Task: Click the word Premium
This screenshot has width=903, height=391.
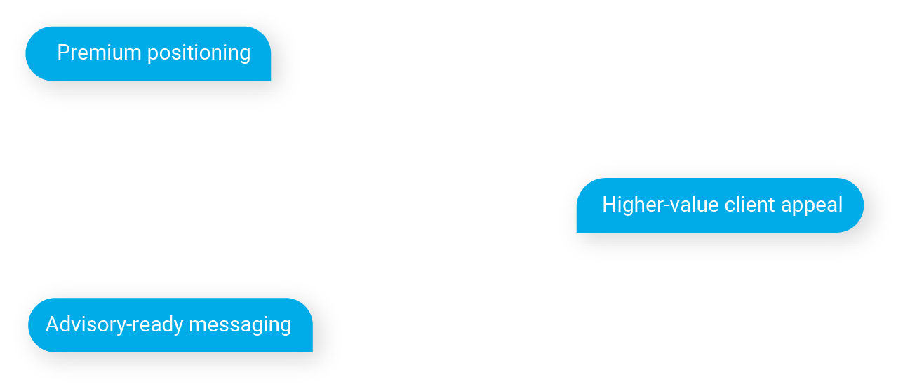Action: pos(99,53)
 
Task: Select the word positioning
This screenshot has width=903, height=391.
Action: pos(199,53)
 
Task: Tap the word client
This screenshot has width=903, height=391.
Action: pos(749,204)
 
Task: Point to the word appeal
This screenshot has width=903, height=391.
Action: pos(812,205)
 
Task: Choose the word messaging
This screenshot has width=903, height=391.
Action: pos(240,325)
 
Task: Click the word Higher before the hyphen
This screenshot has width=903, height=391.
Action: pos(632,204)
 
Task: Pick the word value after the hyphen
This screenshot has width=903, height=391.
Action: pos(694,205)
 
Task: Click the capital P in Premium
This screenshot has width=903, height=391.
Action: pos(64,53)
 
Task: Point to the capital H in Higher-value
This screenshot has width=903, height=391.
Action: pos(609,205)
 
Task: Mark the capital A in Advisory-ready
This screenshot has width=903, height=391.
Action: pos(53,324)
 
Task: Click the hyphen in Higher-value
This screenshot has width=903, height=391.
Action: pos(667,207)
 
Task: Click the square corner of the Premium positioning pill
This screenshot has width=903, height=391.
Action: pos(271,81)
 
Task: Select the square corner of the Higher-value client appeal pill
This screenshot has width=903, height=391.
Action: pos(577,232)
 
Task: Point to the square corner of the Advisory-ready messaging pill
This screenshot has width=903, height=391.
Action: pos(312,352)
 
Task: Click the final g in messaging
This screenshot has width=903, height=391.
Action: pos(286,327)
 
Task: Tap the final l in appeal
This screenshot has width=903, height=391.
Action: pos(841,204)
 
